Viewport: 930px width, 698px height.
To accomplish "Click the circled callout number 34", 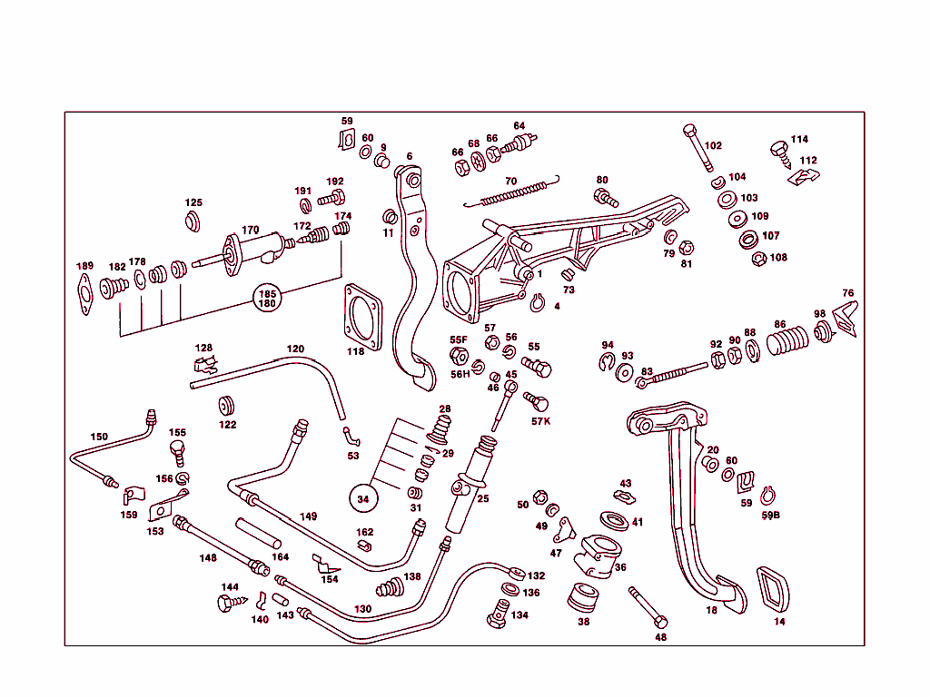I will pos(363,497).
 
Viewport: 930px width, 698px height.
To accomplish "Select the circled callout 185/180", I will pos(267,299).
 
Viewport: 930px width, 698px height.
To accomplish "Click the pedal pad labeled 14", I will pos(773,590).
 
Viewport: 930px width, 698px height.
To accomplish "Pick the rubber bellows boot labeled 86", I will pos(787,342).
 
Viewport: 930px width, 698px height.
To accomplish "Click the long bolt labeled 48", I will pos(648,607).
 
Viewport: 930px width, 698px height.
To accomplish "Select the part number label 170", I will pos(250,230).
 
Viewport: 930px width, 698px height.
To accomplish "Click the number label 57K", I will pos(540,421).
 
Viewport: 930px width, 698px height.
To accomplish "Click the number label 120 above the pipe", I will pos(295,349).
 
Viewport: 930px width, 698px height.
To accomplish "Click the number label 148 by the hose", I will pos(208,557).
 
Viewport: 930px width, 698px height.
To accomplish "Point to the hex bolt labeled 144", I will pos(225,602).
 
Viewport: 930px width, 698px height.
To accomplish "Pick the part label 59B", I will pos(770,515).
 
